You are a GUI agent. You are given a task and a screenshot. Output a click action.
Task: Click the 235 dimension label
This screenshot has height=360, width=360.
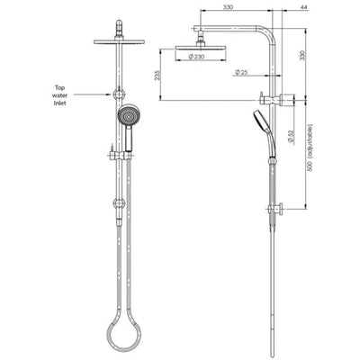click(x=158, y=78)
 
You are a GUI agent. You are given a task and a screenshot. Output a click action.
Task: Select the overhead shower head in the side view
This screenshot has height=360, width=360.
click(x=207, y=45)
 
